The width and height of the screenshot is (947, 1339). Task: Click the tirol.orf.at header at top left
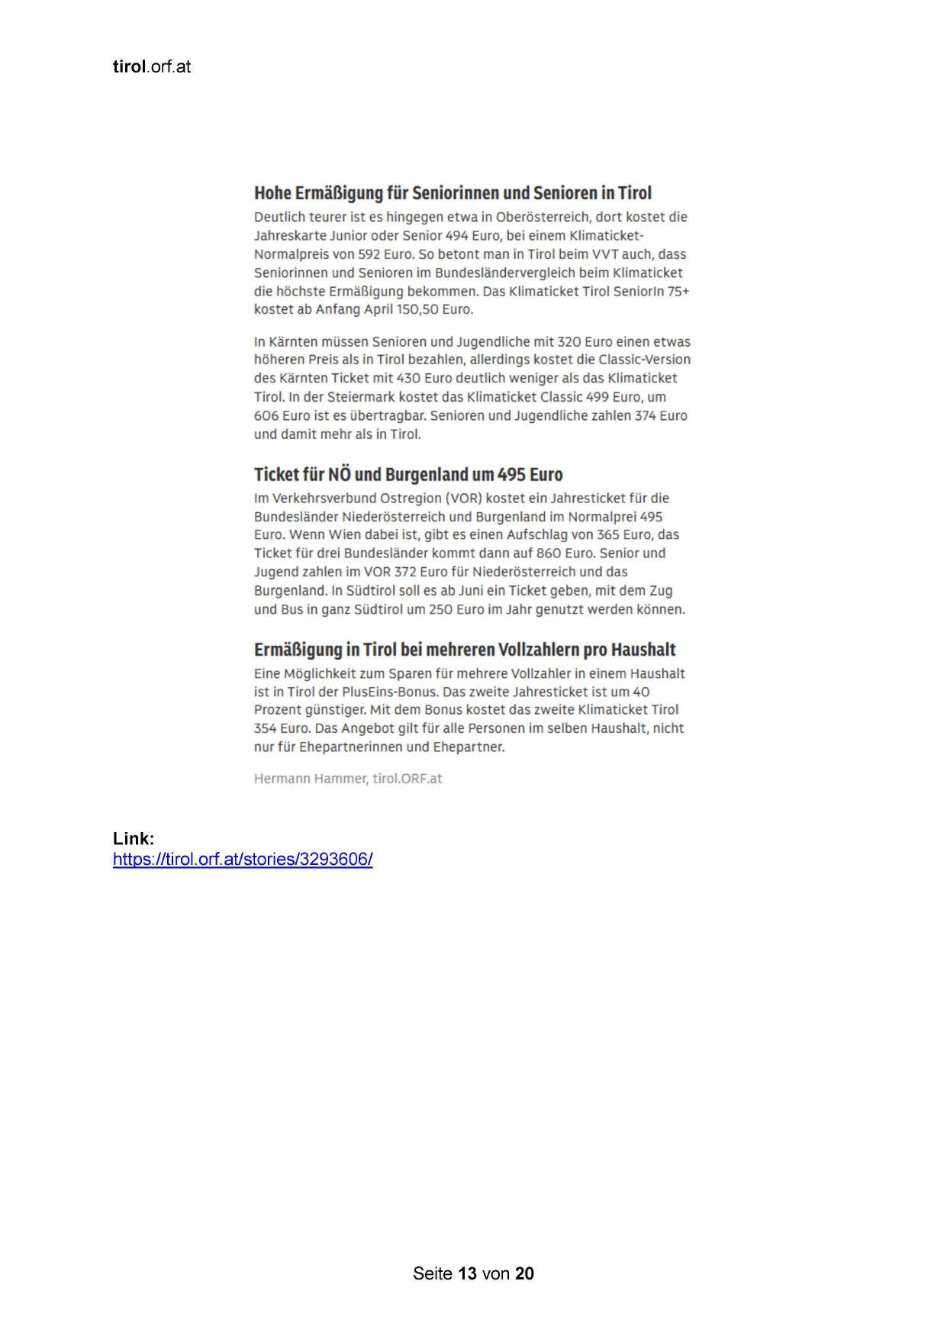[151, 67]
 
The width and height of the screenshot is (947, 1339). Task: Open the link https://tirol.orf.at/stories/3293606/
[243, 860]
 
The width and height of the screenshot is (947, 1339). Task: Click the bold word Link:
[134, 839]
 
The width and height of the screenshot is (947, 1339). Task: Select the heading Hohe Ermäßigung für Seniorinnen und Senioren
[453, 193]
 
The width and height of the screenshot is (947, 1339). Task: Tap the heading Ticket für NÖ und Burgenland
[408, 475]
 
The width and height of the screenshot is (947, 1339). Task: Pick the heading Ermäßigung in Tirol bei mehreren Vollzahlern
[465, 650]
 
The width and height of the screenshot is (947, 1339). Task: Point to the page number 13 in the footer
[468, 1273]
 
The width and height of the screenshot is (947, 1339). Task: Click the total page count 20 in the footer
[524, 1273]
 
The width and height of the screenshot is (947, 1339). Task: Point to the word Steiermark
[363, 397]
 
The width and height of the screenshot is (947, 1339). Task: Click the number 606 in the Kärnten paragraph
[266, 416]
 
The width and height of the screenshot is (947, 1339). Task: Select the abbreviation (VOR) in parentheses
[464, 498]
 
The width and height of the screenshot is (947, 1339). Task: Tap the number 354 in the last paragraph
[266, 729]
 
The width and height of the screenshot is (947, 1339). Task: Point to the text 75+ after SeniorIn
[678, 292]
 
